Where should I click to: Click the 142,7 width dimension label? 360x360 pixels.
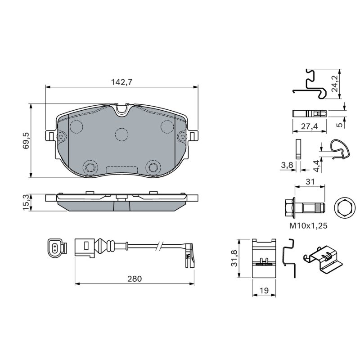pyautogui.click(x=121, y=82)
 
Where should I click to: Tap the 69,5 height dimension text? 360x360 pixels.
pyautogui.click(x=26, y=141)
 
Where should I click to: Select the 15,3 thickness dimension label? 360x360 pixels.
pyautogui.click(x=26, y=202)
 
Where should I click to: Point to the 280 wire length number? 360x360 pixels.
pyautogui.click(x=135, y=279)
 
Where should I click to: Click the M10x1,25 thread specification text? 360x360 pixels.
pyautogui.click(x=308, y=226)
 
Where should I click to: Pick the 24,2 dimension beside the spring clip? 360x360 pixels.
pyautogui.click(x=335, y=84)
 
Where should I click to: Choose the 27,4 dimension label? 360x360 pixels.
pyautogui.click(x=310, y=126)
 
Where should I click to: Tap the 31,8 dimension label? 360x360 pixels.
pyautogui.click(x=234, y=258)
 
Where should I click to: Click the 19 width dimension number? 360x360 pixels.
pyautogui.click(x=264, y=290)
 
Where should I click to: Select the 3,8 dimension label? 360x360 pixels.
pyautogui.click(x=287, y=165)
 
